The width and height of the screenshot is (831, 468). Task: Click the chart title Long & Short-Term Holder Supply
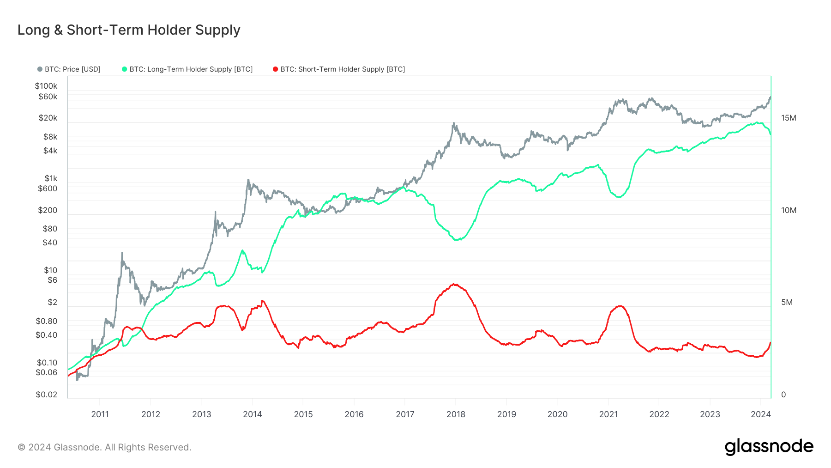click(x=129, y=30)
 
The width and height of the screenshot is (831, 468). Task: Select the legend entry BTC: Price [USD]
click(x=69, y=69)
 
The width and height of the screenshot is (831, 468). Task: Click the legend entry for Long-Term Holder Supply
click(x=187, y=69)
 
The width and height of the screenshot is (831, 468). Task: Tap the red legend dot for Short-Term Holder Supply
click(x=276, y=69)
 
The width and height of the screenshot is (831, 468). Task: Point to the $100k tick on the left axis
click(x=46, y=86)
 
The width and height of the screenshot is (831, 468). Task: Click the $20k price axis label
click(x=48, y=118)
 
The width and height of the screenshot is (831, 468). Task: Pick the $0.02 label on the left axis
click(x=47, y=395)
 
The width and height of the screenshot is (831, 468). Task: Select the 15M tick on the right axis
click(x=789, y=118)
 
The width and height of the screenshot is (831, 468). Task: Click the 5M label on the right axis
click(x=787, y=302)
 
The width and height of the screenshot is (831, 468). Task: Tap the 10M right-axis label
click(x=789, y=210)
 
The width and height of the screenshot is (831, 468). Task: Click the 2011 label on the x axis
click(x=100, y=414)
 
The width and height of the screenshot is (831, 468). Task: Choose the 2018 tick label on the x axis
click(x=456, y=414)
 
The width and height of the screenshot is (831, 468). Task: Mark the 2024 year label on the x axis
click(x=760, y=414)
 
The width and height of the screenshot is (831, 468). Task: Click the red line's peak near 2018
click(x=454, y=284)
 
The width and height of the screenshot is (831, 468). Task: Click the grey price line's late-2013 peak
click(x=248, y=180)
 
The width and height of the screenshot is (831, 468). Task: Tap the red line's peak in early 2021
click(x=620, y=306)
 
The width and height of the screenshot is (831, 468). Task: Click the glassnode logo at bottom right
click(x=769, y=447)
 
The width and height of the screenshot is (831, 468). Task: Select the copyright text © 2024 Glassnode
click(x=104, y=447)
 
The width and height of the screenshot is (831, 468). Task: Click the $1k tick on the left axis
click(x=51, y=178)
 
